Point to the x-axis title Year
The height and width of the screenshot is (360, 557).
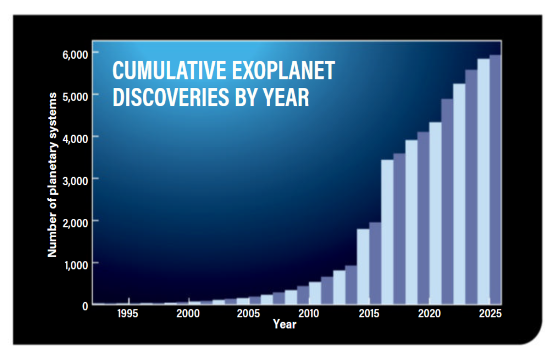point(285,324)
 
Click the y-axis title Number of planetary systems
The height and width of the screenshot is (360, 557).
point(52,175)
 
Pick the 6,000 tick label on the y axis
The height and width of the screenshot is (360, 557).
point(75,55)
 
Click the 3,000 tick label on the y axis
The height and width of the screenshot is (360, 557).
point(75,181)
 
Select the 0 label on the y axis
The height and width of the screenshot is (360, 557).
point(85,306)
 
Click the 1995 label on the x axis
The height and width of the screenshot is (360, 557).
point(127,313)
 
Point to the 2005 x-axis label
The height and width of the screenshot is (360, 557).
point(248,313)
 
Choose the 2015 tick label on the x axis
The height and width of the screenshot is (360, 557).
point(369,313)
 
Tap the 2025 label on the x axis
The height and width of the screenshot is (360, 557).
point(490,313)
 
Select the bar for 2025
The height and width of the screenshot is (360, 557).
point(495,180)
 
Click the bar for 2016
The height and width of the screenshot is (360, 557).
point(387,232)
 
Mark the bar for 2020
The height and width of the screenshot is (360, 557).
point(435,213)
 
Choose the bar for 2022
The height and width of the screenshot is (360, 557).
point(459,194)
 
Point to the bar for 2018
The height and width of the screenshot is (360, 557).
point(412,222)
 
